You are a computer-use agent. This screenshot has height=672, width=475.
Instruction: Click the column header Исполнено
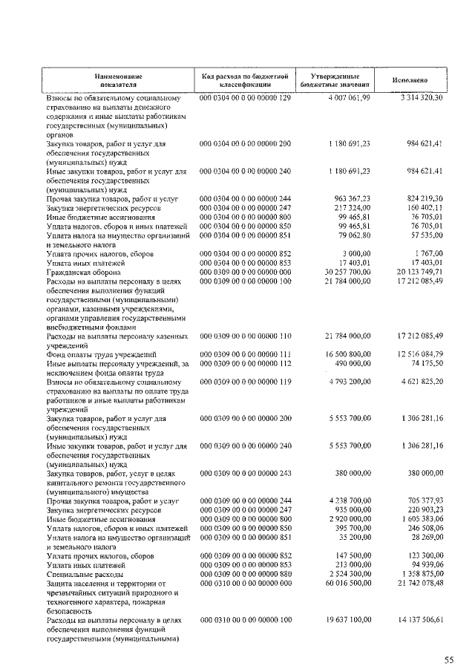[410, 80]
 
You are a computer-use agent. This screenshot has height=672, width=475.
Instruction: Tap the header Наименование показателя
[118, 80]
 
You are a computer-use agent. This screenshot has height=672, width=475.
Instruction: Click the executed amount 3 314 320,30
[420, 98]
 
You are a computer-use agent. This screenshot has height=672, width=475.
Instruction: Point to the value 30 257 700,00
[346, 272]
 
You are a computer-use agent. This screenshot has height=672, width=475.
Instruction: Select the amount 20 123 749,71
[418, 272]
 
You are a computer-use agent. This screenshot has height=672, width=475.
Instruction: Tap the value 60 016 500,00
[346, 583]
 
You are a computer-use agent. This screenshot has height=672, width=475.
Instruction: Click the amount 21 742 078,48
[418, 583]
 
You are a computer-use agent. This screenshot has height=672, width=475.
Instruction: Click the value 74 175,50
[425, 363]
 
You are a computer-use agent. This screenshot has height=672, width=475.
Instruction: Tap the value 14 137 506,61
[418, 619]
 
